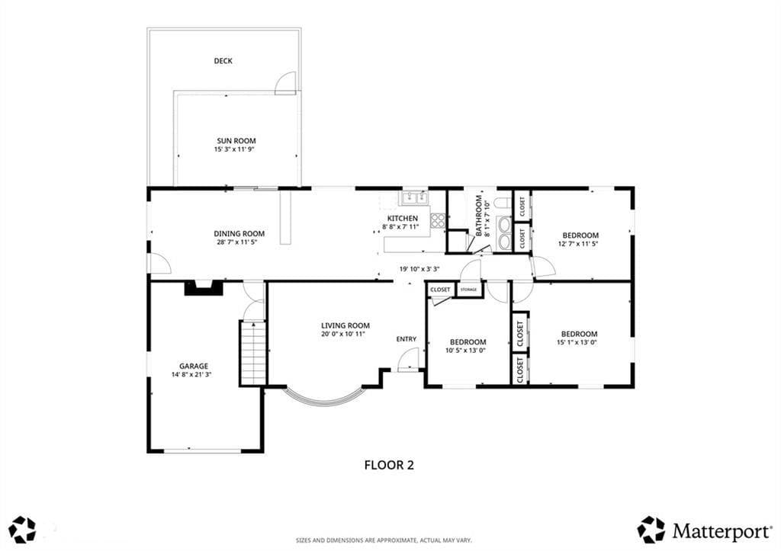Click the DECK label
click(x=223, y=61)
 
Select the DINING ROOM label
click(x=239, y=233)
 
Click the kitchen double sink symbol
click(x=415, y=197)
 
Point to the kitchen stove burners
click(x=438, y=220)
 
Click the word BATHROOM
click(x=479, y=215)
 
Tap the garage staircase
click(x=253, y=353)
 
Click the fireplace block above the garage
click(x=204, y=288)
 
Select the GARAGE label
click(x=194, y=367)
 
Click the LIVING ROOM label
click(x=346, y=326)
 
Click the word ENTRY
click(x=406, y=339)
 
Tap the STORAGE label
click(x=469, y=289)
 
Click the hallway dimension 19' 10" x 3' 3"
click(x=419, y=269)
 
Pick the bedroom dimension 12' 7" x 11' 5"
click(x=578, y=244)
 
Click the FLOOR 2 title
click(x=390, y=466)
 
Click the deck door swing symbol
click(x=285, y=83)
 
